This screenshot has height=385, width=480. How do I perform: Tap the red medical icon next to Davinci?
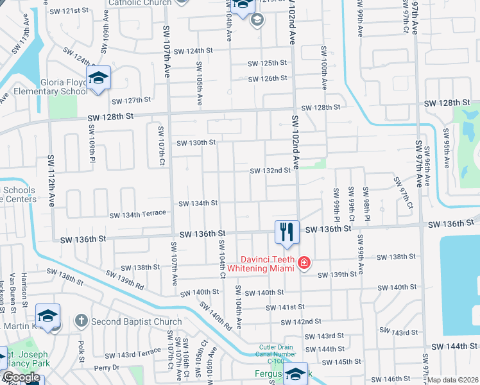click(304, 263)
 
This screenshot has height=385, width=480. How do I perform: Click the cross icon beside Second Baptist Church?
click(81, 320)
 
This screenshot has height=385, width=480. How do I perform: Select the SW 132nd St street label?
click(270, 171)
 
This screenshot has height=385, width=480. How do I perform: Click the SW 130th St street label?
click(196, 142)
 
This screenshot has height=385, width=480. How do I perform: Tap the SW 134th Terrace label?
click(137, 216)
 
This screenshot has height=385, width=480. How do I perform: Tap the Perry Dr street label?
click(107, 368)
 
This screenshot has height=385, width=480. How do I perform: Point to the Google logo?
click(21, 377)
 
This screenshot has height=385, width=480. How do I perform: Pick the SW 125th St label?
click(268, 63)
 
